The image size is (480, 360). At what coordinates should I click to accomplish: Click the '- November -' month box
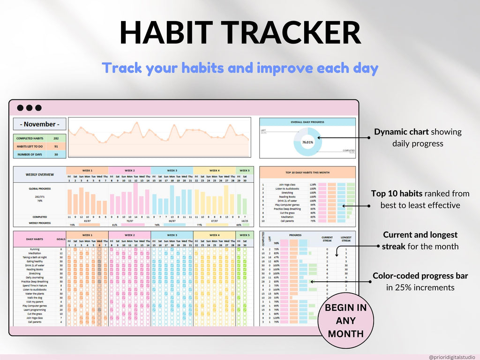pos(39,124)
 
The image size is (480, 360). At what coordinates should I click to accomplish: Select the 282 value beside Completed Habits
pos(56,139)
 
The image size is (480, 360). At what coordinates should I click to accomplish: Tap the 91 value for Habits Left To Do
pos(56,147)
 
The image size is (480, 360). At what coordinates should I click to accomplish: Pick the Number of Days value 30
pos(56,154)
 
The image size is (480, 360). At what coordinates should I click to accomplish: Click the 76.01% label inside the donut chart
pos(307,142)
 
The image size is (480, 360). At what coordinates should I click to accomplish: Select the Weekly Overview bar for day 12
pos(135,198)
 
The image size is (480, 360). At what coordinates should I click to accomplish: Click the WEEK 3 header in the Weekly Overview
pos(172,171)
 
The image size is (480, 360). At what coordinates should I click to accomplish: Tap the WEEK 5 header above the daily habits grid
pos(244,235)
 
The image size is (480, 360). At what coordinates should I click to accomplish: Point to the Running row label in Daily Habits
pos(35,249)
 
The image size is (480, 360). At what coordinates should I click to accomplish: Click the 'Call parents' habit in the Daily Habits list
pos(34,322)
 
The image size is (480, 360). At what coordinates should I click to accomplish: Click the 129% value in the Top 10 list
pos(313,185)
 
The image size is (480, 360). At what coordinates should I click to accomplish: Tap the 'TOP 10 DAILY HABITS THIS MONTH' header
pos(307,172)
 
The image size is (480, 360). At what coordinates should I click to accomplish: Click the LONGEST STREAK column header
pos(345,239)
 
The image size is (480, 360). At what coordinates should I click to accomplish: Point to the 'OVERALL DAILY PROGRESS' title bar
pos(307,122)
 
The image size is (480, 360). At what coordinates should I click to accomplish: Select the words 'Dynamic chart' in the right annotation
pos(401,132)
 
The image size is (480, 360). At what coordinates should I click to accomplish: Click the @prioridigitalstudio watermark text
pos(451,357)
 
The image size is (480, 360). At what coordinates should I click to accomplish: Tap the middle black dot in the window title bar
pos(29,108)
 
